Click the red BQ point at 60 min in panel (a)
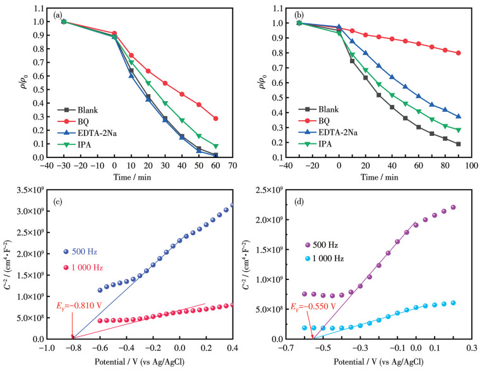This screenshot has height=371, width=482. [x=216, y=118]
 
